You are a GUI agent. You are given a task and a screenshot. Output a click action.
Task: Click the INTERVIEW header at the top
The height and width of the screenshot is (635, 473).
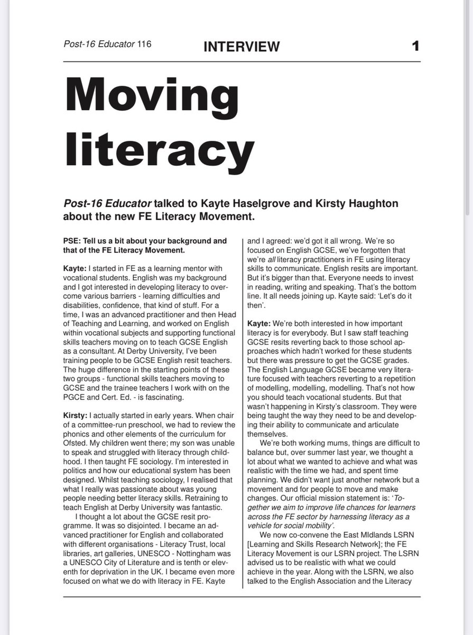[242, 47]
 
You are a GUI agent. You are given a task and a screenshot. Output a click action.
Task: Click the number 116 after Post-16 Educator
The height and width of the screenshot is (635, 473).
[144, 44]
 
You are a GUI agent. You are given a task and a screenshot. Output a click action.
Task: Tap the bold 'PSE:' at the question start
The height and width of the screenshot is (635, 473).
[72, 241]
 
